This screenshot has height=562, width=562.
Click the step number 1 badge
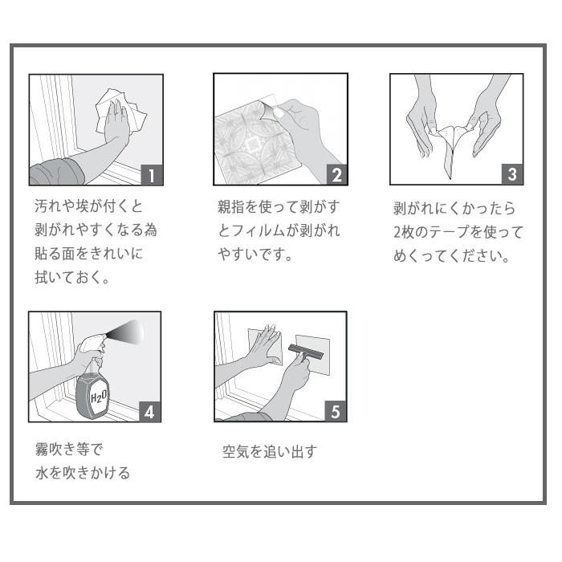(152, 175)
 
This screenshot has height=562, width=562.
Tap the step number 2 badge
(337, 175)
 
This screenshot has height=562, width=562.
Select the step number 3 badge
(512, 174)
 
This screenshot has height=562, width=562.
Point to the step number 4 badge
(150, 412)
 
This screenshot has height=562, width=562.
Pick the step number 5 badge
(336, 411)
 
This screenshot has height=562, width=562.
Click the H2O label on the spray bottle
(98, 397)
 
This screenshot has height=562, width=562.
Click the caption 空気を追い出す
(270, 451)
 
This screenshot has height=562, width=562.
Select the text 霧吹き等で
(69, 449)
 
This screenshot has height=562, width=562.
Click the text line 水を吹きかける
(83, 473)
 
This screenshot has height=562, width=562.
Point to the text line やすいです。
(255, 255)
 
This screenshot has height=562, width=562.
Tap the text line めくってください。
(451, 256)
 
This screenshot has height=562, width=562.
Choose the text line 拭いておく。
(71, 278)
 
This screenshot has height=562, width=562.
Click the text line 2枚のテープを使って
(458, 232)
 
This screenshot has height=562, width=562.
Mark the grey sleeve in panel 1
(57, 173)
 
